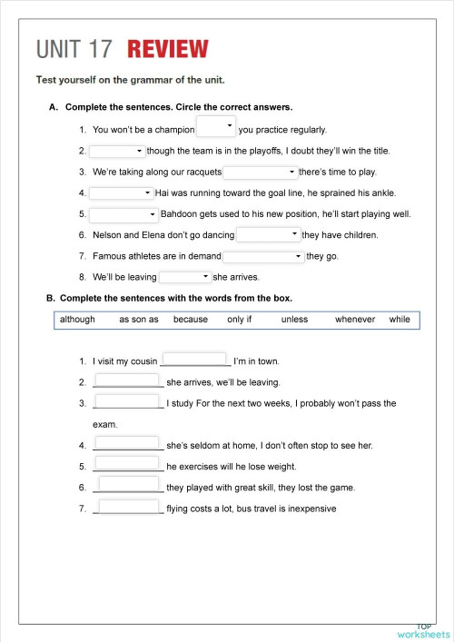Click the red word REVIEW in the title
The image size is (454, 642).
click(168, 49)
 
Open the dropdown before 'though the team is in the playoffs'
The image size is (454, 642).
click(117, 151)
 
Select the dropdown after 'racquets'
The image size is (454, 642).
click(261, 172)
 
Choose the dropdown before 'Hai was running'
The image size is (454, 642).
click(122, 193)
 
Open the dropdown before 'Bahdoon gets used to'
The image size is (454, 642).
click(124, 214)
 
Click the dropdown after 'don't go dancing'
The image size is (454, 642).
click(268, 235)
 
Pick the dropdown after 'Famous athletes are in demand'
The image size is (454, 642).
click(263, 257)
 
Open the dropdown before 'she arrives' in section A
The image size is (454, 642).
click(185, 277)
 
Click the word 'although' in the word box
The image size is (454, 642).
click(77, 320)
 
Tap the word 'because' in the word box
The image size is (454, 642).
click(191, 320)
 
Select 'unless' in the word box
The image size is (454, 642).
click(294, 320)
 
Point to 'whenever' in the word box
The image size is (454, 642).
click(355, 320)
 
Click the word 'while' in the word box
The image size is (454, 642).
click(400, 320)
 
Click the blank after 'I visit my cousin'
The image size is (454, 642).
click(194, 360)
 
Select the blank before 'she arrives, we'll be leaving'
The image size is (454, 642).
click(128, 381)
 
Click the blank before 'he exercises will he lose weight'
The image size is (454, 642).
click(128, 465)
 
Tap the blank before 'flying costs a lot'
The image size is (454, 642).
click(128, 507)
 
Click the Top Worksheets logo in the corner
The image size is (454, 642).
click(423, 631)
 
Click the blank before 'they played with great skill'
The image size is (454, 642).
click(128, 486)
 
